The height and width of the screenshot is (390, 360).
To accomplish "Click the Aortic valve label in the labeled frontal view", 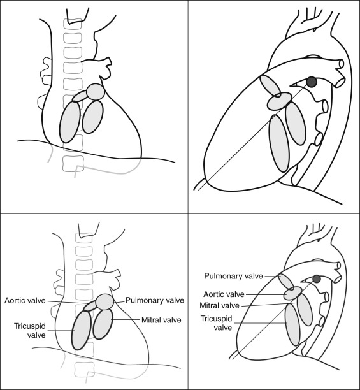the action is click(x=25, y=301).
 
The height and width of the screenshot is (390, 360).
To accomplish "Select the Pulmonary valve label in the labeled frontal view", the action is click(x=155, y=300).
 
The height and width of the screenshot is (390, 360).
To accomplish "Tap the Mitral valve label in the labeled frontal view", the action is click(x=161, y=320).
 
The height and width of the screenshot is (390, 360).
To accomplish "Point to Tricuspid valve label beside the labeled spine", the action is click(x=30, y=331).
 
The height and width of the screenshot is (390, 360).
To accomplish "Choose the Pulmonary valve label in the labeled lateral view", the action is click(x=233, y=276).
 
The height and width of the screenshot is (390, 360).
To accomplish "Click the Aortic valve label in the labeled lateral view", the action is click(x=224, y=294).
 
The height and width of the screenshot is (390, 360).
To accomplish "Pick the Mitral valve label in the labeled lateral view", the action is click(x=220, y=305).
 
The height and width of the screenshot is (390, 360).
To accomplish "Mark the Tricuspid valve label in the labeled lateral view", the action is click(x=216, y=323).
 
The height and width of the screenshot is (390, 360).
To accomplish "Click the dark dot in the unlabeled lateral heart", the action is click(x=312, y=82).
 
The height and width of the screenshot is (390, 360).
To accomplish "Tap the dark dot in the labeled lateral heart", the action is click(x=317, y=279).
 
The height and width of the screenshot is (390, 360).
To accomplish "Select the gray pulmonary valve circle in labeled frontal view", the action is click(x=104, y=302).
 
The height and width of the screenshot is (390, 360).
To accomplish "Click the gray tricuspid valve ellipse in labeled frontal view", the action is click(x=82, y=330).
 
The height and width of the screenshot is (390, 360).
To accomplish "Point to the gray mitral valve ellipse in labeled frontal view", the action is click(x=103, y=324).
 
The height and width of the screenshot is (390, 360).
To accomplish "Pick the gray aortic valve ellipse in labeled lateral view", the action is click(x=293, y=293).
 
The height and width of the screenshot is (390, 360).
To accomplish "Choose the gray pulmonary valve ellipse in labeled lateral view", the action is click(x=286, y=282).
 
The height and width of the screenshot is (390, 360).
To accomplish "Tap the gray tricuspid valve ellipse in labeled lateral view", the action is click(x=292, y=324).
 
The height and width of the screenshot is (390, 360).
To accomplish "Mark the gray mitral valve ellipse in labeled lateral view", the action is click(x=305, y=310).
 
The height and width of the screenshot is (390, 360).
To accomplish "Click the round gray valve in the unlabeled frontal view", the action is click(x=96, y=92).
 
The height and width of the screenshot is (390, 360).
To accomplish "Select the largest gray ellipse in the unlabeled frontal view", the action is click(x=70, y=122).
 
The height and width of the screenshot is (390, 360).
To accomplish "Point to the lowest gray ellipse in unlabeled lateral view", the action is click(x=280, y=143).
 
